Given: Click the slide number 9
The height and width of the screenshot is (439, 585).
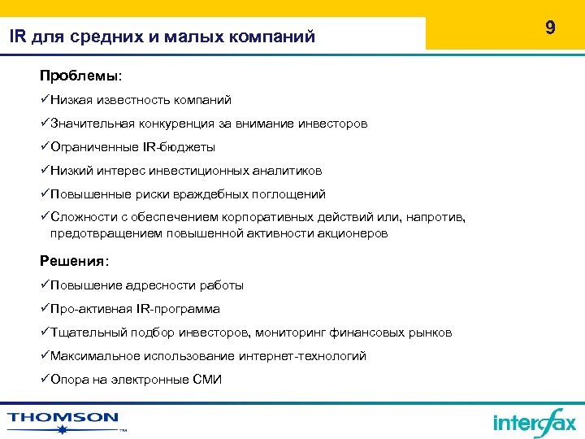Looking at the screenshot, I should [550, 28].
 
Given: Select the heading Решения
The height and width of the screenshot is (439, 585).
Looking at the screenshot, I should [73, 261].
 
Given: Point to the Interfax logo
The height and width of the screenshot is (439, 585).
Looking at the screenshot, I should [534, 421].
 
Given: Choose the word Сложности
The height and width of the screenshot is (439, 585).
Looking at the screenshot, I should [79, 218].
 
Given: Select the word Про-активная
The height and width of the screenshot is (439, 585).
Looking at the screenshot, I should [86, 309].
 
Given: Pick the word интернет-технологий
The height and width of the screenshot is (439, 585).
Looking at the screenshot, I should [302, 356].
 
